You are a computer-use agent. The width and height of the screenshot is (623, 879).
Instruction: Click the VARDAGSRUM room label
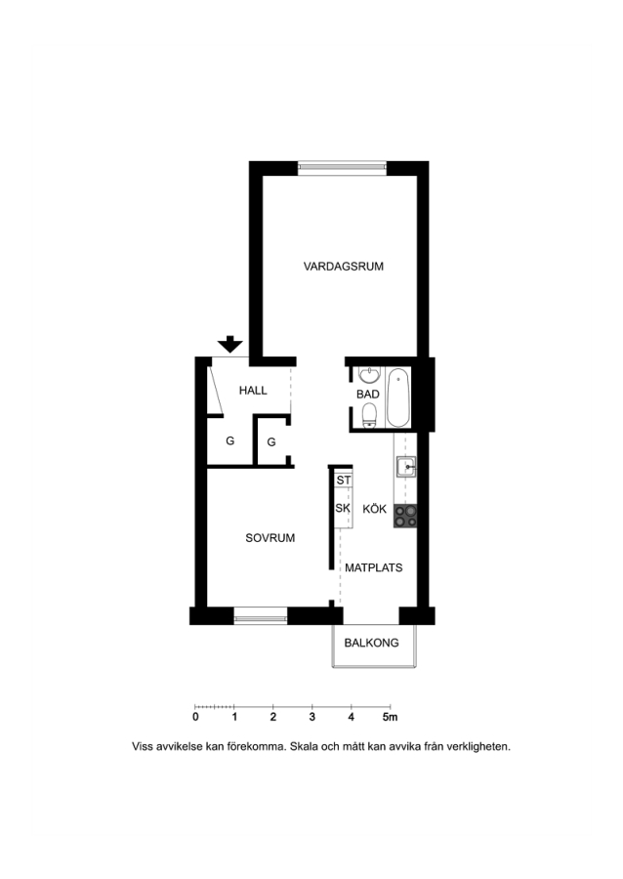coord(344,267)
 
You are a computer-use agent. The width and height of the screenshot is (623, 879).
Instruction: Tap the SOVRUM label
coord(270,537)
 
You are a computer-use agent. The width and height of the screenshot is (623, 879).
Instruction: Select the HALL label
coord(253,390)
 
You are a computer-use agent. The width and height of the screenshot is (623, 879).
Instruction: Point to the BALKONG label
coord(371,643)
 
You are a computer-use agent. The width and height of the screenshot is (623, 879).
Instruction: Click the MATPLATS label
coord(374,567)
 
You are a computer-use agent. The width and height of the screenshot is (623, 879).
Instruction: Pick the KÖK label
coord(374,509)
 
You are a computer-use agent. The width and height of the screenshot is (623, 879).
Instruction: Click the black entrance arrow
coord(230,344)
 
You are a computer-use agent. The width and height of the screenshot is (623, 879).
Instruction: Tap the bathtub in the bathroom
coord(398,398)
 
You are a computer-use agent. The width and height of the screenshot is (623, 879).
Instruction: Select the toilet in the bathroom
coord(369,416)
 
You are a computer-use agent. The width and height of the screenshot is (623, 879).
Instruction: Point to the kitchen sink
coord(406,467)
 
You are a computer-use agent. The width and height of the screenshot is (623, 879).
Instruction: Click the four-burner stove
coord(405,516)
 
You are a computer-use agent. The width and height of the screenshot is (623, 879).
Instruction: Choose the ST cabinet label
coord(344,481)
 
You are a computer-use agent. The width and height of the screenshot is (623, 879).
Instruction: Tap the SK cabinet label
coord(343,508)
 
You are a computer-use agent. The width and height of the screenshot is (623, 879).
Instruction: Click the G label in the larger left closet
coord(229,440)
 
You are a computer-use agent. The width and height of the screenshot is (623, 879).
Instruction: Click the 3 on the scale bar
coord(312,717)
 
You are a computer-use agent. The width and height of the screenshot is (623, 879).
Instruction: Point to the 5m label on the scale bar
coord(390,717)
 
